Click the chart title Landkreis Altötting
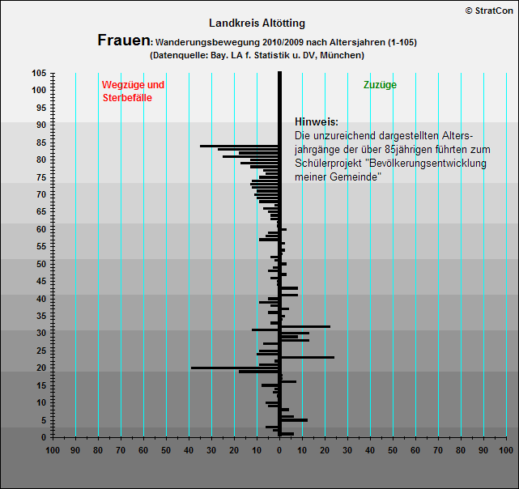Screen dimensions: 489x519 point(257,23)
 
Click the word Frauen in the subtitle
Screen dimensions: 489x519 point(123,40)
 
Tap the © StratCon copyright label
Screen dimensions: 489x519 point(491,10)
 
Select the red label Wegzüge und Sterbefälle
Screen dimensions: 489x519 point(133,91)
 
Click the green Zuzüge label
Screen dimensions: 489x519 point(380,84)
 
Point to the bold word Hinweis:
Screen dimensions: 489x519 point(317,121)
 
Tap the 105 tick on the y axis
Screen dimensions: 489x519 point(39,73)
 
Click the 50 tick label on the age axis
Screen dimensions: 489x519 point(41,264)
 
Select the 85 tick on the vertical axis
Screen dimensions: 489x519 point(41,142)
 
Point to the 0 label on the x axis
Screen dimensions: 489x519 point(279,449)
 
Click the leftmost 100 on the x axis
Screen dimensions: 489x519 point(53,449)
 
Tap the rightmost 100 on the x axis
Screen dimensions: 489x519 point(505,449)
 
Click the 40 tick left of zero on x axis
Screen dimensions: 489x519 point(189,449)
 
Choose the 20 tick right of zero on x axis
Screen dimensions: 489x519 point(325,449)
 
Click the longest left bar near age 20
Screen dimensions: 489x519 point(235,368)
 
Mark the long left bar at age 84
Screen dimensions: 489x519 point(240,147)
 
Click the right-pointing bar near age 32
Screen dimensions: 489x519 point(304,326)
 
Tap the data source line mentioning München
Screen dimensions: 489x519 point(257,55)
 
